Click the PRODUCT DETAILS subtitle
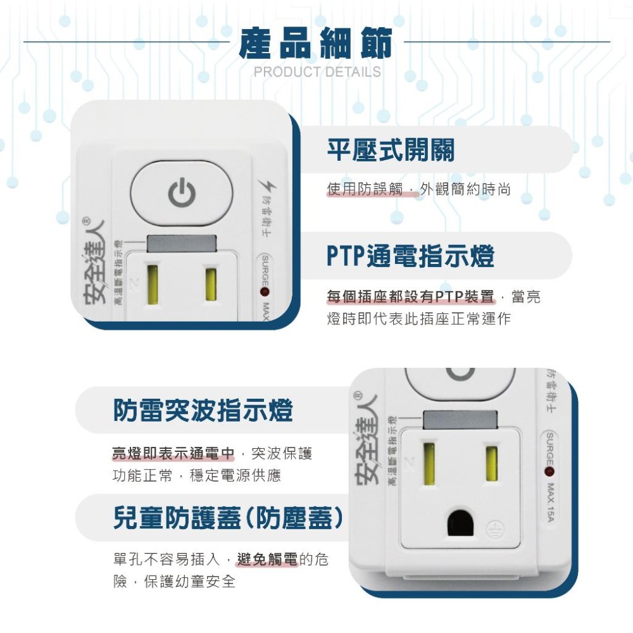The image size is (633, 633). tap(317, 72)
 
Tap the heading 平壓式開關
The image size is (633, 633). tap(390, 150)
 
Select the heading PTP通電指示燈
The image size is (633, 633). tap(410, 256)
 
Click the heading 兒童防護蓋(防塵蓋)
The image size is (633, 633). tap(228, 518)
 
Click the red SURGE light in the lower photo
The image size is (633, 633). tap(548, 472)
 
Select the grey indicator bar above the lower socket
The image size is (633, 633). tap(460, 418)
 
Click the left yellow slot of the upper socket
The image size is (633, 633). tap(153, 284)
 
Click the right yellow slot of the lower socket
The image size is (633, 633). tap(491, 461)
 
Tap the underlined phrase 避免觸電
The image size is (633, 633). tap(267, 559)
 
